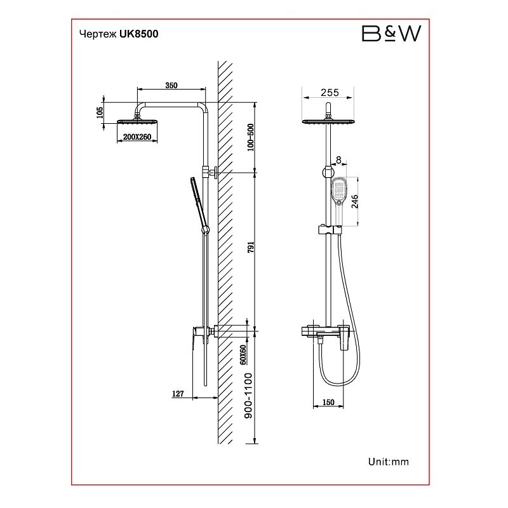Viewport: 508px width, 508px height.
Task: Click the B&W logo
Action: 391,34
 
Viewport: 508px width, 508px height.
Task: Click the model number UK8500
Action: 139,34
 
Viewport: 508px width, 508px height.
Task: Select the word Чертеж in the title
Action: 98,34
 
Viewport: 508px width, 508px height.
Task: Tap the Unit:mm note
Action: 389,462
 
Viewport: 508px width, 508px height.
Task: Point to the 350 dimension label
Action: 171,85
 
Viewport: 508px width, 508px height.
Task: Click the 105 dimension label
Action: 100,112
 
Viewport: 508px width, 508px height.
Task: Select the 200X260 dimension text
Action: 137,137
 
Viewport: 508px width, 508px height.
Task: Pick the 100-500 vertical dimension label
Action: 250,137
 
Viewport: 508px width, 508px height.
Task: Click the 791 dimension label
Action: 251,247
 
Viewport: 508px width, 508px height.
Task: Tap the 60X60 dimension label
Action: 243,355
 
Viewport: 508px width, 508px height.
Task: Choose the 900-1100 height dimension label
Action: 248,396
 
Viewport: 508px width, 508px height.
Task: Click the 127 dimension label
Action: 178,394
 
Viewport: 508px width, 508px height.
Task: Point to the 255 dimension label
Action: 330,93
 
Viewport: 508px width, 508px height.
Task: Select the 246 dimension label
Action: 354,201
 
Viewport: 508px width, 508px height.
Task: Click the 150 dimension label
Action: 328,403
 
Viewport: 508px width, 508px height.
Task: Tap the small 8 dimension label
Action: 339,160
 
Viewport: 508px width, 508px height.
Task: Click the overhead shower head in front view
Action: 328,122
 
